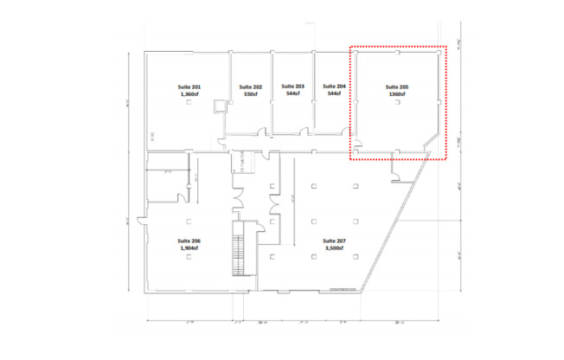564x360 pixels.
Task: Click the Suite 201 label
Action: [189, 87]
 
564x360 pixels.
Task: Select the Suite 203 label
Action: [293, 87]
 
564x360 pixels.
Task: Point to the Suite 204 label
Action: [334, 87]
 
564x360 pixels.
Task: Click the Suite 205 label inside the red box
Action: [397, 87]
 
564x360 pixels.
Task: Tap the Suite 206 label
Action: [189, 241]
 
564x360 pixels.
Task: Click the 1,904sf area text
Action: [189, 248]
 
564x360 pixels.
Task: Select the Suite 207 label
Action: [334, 241]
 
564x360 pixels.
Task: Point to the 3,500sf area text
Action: [334, 248]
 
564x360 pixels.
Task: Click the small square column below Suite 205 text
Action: [397, 104]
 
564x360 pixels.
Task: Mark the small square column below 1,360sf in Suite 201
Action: [189, 105]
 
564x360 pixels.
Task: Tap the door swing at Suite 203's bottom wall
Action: [303, 132]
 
